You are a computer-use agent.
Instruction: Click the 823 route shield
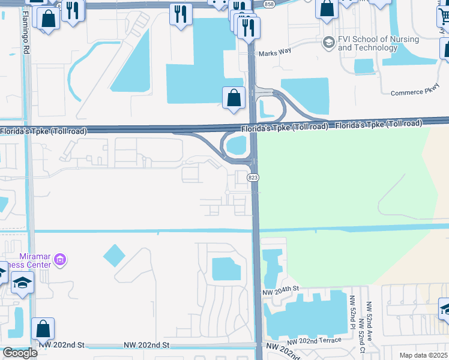click(x=253, y=178)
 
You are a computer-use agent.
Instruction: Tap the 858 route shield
click(x=270, y=4)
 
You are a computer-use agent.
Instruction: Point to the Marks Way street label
click(x=275, y=52)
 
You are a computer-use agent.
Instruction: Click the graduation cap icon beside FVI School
click(x=328, y=43)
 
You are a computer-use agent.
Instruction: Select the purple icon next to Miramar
click(x=59, y=260)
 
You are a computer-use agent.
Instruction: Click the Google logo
click(x=19, y=352)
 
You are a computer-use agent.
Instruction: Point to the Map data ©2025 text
click(x=423, y=355)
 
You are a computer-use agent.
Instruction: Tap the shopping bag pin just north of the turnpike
click(x=234, y=98)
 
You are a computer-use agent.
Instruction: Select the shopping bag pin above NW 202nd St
click(x=43, y=329)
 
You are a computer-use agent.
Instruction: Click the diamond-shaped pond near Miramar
click(x=114, y=256)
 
